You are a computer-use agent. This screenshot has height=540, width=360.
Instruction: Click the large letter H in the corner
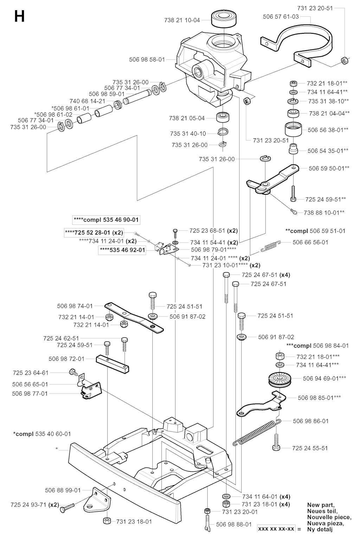coord(19,17)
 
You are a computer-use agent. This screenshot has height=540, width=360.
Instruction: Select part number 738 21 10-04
coord(182,20)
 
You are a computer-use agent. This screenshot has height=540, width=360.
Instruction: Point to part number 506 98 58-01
coord(147,60)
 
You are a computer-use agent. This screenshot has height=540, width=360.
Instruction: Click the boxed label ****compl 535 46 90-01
coord(106,220)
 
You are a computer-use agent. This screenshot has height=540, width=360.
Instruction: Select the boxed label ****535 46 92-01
coord(123,250)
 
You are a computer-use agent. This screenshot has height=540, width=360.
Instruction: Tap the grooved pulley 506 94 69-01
coord(280,379)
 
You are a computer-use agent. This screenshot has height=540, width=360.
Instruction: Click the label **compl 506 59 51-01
coord(315,231)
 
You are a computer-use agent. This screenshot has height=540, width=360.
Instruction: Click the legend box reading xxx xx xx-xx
coord(276,528)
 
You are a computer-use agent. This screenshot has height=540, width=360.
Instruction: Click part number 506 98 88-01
coord(234,524)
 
